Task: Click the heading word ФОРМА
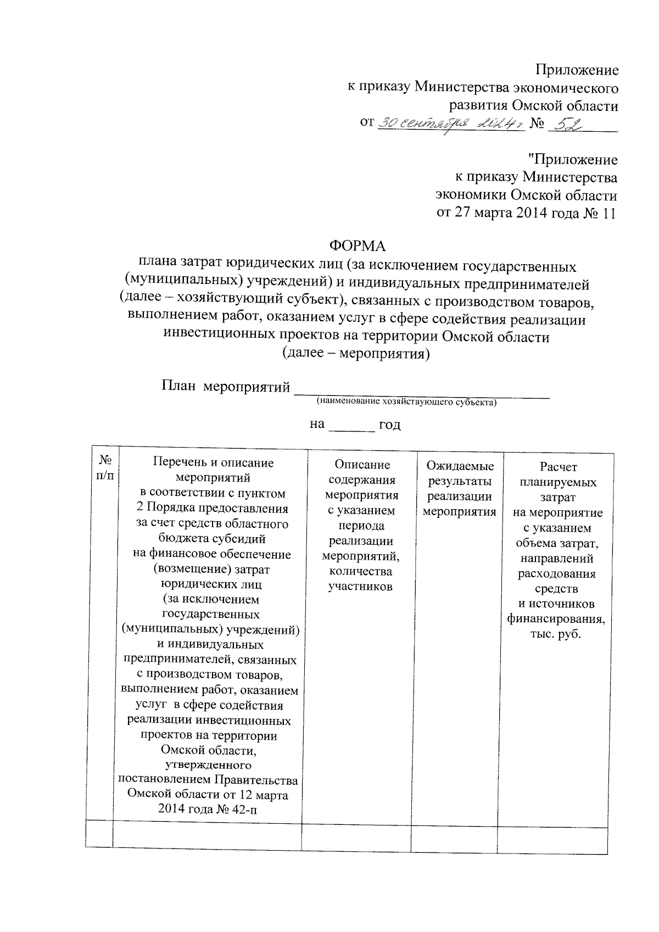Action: click(x=357, y=245)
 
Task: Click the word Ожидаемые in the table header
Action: click(x=460, y=466)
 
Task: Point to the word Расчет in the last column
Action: click(x=558, y=467)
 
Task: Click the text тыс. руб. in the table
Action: click(x=558, y=635)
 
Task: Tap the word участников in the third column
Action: click(x=360, y=587)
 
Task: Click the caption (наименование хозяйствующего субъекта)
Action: click(x=406, y=402)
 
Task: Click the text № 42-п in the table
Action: click(x=237, y=809)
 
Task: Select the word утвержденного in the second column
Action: click(x=208, y=764)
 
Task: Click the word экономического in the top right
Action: click(x=565, y=88)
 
